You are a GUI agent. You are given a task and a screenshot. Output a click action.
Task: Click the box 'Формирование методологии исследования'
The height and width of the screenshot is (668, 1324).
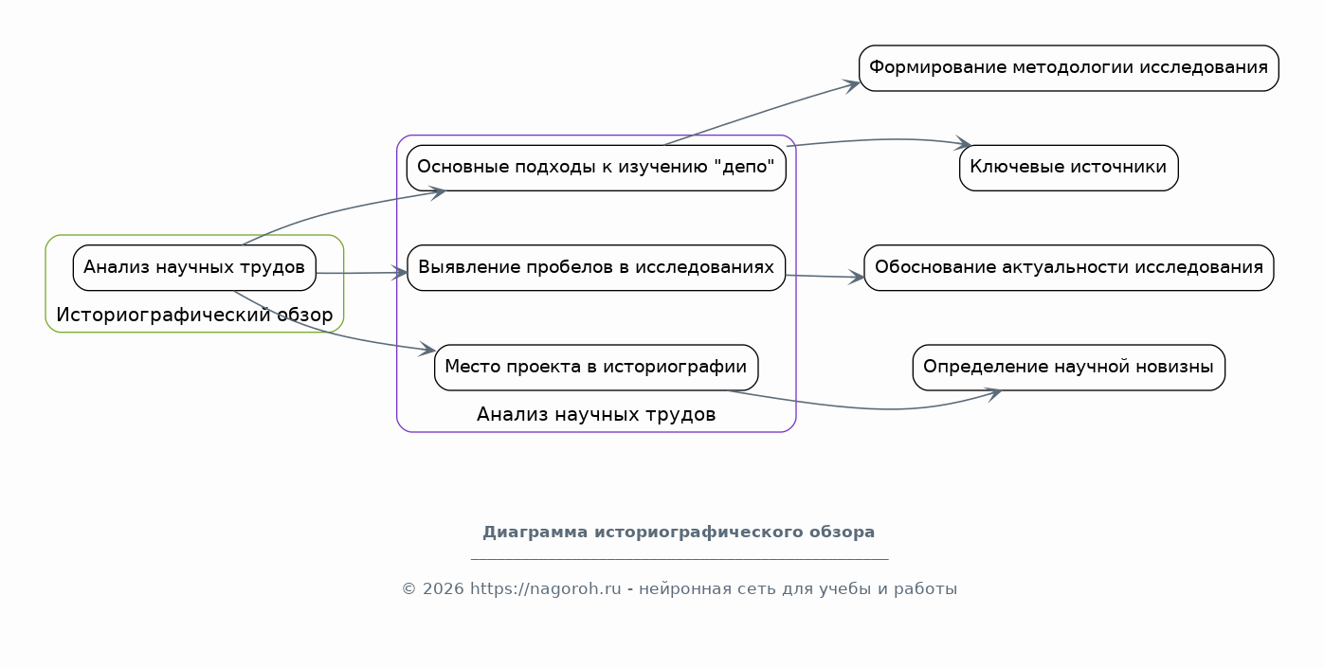point(1069,68)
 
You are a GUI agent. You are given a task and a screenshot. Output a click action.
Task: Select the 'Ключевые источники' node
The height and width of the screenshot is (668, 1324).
point(1069,168)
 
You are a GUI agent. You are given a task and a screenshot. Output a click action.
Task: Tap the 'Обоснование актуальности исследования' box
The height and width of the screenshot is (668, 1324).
point(1069,268)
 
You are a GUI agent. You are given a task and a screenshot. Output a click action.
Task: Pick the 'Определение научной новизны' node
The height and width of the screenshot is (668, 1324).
point(1069,368)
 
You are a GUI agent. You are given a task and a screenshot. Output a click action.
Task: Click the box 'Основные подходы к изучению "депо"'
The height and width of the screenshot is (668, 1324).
point(596,168)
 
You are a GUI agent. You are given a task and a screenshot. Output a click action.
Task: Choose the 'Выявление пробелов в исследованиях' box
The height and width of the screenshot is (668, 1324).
point(596,268)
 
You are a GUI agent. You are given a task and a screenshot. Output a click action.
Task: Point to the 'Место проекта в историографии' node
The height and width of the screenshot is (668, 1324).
point(596,368)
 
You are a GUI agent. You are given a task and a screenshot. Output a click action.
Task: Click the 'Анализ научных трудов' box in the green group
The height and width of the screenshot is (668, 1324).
point(194,268)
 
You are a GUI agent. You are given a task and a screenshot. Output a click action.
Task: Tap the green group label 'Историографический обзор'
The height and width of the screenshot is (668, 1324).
point(194,316)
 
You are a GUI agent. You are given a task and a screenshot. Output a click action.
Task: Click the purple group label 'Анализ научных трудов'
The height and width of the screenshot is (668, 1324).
point(596,414)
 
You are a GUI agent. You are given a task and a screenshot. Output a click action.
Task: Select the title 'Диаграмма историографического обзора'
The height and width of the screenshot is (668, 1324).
point(679,533)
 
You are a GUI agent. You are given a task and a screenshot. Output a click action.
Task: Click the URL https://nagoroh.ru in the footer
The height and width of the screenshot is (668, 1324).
point(546,589)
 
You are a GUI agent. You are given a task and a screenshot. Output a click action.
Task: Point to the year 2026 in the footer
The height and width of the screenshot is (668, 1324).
point(444,589)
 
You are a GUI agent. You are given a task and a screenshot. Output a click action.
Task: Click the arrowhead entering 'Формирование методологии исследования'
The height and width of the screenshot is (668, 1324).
point(852,85)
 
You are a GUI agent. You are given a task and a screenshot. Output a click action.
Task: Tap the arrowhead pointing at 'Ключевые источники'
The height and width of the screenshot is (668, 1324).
point(963,144)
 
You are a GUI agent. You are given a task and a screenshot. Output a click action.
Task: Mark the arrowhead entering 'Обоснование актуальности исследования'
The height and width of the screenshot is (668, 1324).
point(857,277)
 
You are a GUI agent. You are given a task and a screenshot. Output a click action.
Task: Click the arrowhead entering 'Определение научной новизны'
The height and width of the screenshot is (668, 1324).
point(993,393)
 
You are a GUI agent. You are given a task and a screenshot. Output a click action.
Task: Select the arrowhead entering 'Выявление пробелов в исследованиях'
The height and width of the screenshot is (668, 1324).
point(400,273)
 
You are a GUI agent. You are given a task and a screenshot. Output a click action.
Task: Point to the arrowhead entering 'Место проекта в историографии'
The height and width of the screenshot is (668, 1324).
point(427,350)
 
